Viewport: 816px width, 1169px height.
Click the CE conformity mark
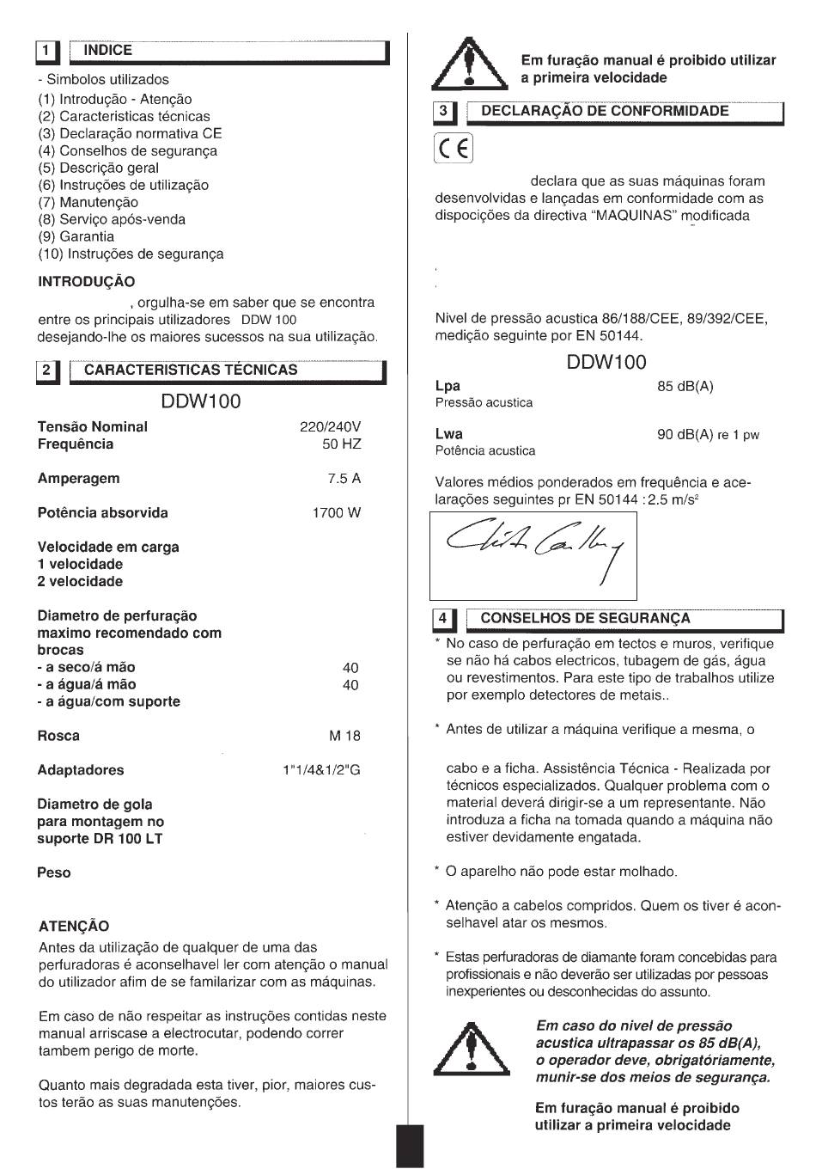click(x=453, y=150)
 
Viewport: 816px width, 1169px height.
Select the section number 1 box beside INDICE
click(x=46, y=52)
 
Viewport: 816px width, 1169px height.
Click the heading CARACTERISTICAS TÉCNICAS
click(x=191, y=370)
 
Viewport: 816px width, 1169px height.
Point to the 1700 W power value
click(x=336, y=513)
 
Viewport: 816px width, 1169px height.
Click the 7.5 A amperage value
click(x=344, y=479)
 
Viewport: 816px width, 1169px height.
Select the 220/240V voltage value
click(x=330, y=427)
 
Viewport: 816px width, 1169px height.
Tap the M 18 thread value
click(x=344, y=736)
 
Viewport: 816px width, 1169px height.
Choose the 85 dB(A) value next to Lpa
click(x=685, y=387)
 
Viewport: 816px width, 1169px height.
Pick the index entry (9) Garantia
click(x=76, y=236)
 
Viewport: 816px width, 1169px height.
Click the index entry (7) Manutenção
click(x=88, y=202)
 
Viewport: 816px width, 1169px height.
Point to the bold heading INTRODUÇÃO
click(x=87, y=282)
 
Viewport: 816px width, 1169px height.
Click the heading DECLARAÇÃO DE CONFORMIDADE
click(x=605, y=111)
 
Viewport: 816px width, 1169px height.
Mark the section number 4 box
click(x=443, y=619)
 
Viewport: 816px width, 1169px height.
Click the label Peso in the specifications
click(x=54, y=873)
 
